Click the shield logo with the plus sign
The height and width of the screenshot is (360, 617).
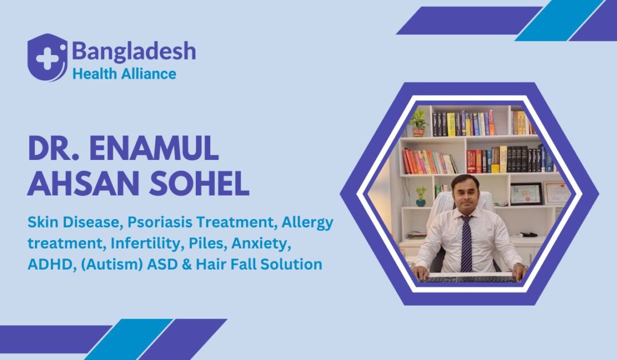(x=47, y=57)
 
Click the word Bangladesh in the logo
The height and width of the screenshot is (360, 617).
(x=133, y=52)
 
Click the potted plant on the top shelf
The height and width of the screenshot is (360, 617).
(x=418, y=122)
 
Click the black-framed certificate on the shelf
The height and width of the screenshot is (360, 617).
(x=526, y=194)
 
